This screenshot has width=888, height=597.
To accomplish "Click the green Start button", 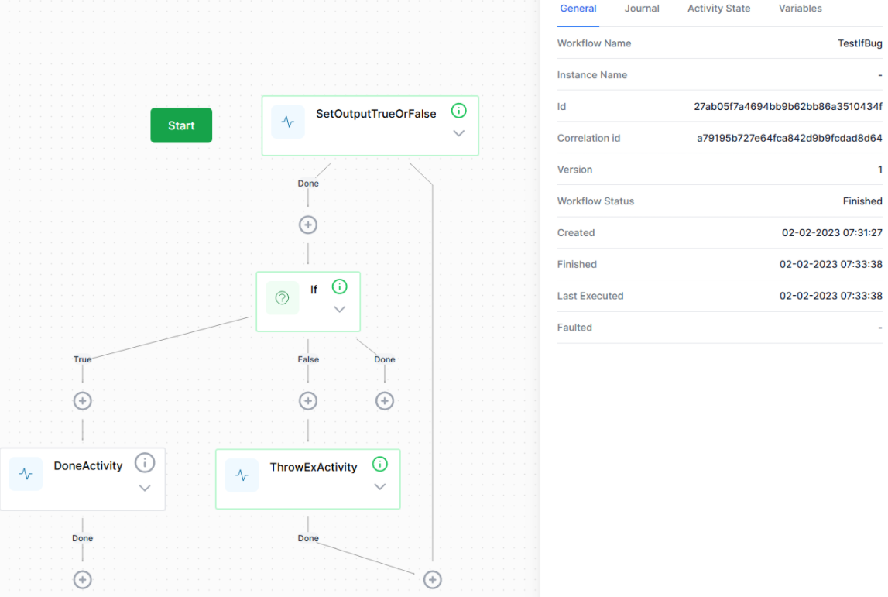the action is pyautogui.click(x=181, y=125).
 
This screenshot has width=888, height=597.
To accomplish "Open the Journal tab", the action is pyautogui.click(x=642, y=9).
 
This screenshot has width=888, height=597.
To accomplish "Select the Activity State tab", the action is pyautogui.click(x=718, y=9).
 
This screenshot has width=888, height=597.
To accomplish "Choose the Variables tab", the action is pyautogui.click(x=801, y=9).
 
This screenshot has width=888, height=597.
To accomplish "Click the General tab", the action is pyautogui.click(x=578, y=9).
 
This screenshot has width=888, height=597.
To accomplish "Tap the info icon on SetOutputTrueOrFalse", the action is pyautogui.click(x=459, y=111).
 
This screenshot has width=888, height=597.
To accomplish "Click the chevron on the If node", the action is pyautogui.click(x=339, y=309).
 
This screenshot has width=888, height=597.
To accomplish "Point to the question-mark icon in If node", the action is pyautogui.click(x=282, y=297).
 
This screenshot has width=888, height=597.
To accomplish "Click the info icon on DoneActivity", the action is pyautogui.click(x=145, y=463).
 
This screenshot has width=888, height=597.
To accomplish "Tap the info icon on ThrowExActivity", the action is pyautogui.click(x=380, y=465).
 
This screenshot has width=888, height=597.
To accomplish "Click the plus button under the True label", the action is pyautogui.click(x=83, y=401).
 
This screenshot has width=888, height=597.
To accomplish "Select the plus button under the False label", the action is pyautogui.click(x=308, y=401).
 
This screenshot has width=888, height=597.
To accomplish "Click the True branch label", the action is pyautogui.click(x=82, y=359).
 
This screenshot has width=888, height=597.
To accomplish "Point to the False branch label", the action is pyautogui.click(x=308, y=359).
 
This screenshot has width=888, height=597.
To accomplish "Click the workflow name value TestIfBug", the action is pyautogui.click(x=859, y=43).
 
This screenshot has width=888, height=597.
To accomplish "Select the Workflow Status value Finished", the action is pyautogui.click(x=862, y=201).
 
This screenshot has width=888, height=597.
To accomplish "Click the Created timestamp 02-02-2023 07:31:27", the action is pyautogui.click(x=832, y=233).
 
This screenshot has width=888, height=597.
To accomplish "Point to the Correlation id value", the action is pyautogui.click(x=789, y=138).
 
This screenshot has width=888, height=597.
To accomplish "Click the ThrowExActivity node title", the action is pyautogui.click(x=314, y=467).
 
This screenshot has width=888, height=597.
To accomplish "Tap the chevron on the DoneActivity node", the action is pyautogui.click(x=145, y=489).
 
